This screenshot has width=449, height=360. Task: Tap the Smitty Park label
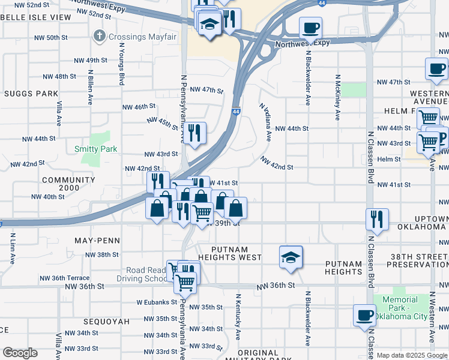coord(95,149)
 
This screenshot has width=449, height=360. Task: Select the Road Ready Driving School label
coord(147,274)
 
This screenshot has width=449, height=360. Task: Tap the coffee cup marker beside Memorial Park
coord(364,316)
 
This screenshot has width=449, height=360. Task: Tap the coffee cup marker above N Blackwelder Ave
coord(310,27)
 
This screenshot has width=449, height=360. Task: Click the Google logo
coord(20,352)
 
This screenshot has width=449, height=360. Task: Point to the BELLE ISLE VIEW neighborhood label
coord(35,17)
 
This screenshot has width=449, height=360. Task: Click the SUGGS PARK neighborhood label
coord(31,94)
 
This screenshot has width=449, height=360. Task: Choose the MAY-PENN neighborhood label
coord(97,241)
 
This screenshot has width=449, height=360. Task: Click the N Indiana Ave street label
coord(265,122)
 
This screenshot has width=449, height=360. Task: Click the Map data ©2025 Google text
coord(412,355)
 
